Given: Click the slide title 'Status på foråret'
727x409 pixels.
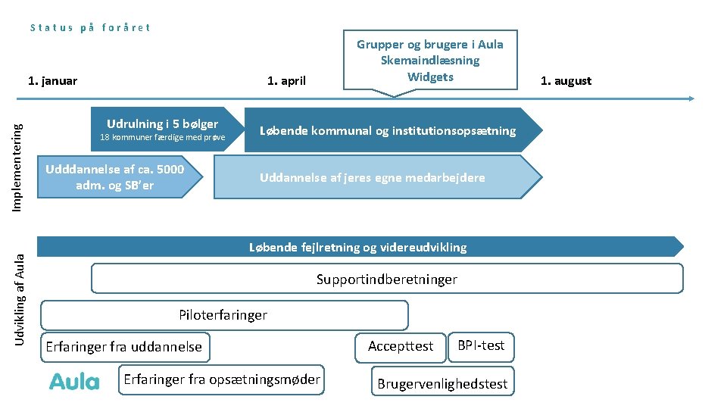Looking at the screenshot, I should tap(90, 27).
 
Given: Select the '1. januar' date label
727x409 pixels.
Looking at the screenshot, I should tap(52, 81).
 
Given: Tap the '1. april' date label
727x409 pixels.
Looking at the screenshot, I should tap(286, 81).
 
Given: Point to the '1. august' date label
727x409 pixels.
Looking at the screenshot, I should tap(565, 81).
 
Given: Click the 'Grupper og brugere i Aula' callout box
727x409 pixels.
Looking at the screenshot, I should tap(429, 61).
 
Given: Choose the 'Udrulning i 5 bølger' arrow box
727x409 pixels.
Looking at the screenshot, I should tap(162, 129).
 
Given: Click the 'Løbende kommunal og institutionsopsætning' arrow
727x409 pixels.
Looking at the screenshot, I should tap(388, 130).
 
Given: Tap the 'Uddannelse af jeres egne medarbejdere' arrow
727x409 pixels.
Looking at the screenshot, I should tap(373, 177).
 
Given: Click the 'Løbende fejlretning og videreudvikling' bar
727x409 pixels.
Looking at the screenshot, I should tap(358, 247).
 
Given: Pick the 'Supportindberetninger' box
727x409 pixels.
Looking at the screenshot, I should tap(386, 279).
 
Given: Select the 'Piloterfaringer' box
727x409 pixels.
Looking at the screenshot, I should tap(223, 315).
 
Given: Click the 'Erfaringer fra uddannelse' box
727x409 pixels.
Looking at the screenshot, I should tap(124, 347).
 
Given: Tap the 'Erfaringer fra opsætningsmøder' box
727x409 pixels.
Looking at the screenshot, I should tap(221, 379).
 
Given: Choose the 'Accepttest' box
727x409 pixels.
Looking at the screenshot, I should tap(401, 346).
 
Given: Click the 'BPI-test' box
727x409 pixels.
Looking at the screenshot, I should tap(481, 345).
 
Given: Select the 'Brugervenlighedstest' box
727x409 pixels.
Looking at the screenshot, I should tap(442, 383).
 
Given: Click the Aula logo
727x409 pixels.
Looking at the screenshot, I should tap(74, 381).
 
